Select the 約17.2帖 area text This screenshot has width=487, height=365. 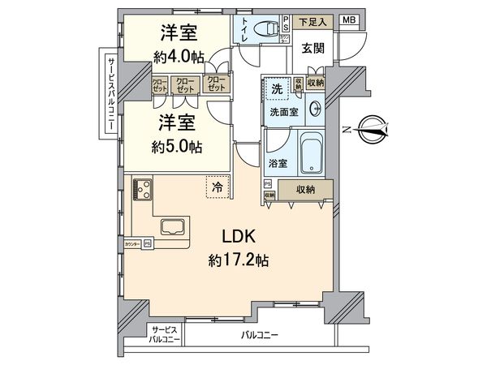click(x=240, y=261)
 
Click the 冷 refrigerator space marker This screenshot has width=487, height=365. click(x=217, y=187)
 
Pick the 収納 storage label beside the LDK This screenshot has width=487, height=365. click(x=305, y=190)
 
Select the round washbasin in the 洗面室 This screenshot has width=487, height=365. click(x=315, y=110)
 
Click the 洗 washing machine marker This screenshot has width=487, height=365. click(x=277, y=88)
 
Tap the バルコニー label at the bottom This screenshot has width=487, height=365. click(x=260, y=334)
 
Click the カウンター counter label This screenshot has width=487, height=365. click(x=131, y=243)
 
